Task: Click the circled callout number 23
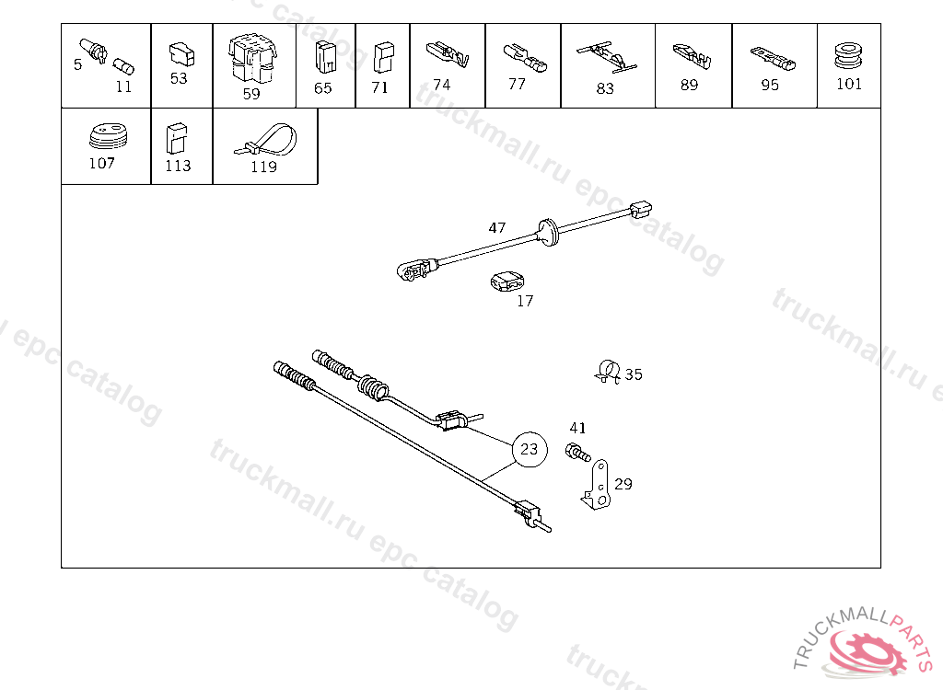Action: (530, 449)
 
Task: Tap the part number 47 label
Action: (496, 228)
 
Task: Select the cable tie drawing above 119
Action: (265, 141)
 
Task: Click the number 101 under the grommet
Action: (848, 84)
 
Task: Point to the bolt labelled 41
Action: (578, 452)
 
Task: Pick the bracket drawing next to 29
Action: (597, 486)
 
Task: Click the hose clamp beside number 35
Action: (608, 371)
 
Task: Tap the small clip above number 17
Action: (507, 282)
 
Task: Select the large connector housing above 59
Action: (252, 58)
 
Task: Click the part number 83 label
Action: (605, 88)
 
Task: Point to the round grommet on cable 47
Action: (548, 233)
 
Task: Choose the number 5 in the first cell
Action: (77, 64)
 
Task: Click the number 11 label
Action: (123, 86)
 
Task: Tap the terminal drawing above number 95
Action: (773, 58)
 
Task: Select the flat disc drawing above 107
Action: (109, 136)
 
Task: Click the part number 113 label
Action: (178, 166)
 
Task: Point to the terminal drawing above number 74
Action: (448, 54)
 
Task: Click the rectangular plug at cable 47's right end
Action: (641, 210)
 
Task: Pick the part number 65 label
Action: (322, 87)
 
